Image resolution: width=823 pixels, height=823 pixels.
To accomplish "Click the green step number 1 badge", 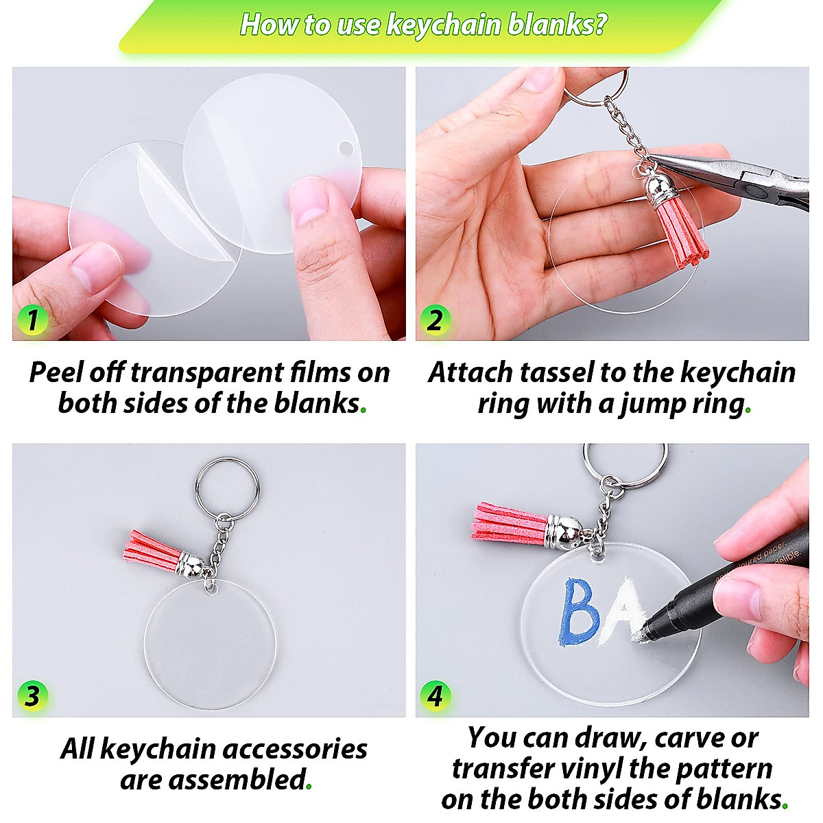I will tap(32, 320).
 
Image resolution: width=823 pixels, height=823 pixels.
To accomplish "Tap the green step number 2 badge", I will tap(435, 320).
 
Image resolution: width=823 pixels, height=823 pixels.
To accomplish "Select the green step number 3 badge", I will tap(32, 696).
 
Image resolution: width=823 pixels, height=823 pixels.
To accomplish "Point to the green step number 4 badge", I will tap(435, 696).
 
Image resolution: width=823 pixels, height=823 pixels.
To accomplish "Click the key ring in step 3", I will tap(227, 488).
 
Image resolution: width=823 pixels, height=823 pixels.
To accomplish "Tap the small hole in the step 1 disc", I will tap(346, 149).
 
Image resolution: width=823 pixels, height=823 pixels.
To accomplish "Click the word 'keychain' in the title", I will tap(444, 25).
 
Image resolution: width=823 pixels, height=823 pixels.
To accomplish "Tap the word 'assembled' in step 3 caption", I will tap(237, 780).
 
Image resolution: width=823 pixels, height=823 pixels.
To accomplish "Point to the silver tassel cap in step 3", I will tap(189, 565).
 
